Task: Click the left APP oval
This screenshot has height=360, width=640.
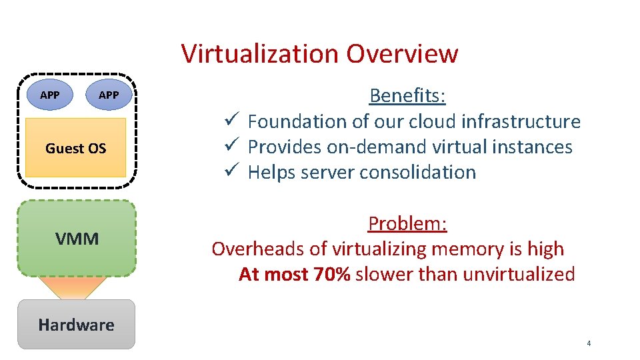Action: click(x=49, y=95)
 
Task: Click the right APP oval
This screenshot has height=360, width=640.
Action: click(x=109, y=95)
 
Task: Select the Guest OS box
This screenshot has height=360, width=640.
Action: click(x=75, y=148)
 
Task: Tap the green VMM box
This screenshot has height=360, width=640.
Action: click(x=77, y=238)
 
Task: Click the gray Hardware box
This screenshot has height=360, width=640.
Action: click(x=76, y=325)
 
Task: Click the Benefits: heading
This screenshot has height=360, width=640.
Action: click(x=407, y=95)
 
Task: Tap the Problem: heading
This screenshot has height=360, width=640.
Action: click(x=407, y=223)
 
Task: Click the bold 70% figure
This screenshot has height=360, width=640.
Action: click(x=331, y=274)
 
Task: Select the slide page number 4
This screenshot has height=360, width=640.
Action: click(x=589, y=343)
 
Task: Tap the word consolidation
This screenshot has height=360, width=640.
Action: click(x=417, y=172)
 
